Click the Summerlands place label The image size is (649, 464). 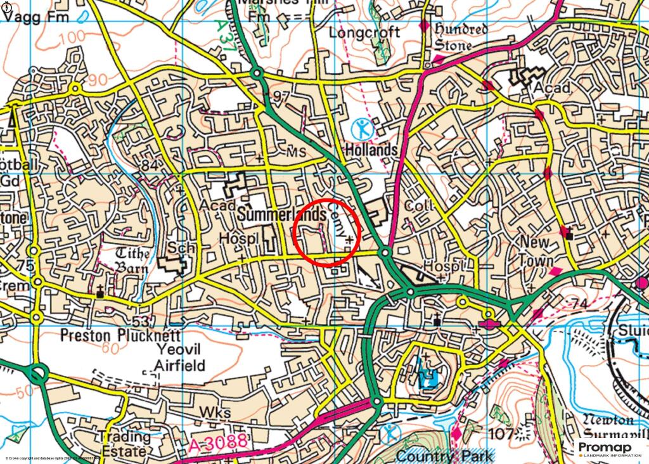[282, 216]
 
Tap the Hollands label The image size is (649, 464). [371, 150]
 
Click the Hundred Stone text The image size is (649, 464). [461, 37]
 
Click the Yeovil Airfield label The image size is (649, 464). [179, 358]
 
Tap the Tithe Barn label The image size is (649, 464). [133, 261]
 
